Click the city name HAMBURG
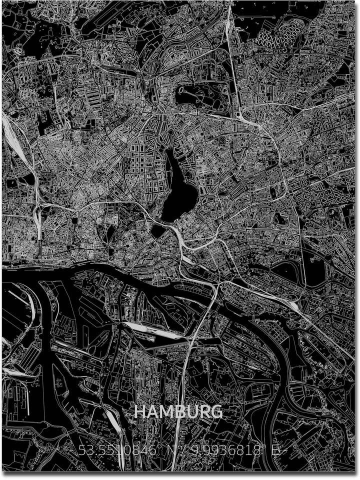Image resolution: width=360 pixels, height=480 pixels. [178, 412]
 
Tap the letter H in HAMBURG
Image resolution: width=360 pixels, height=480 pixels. [140, 412]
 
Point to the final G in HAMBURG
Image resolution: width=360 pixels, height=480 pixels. [216, 412]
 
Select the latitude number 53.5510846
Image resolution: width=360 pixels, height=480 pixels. [118, 451]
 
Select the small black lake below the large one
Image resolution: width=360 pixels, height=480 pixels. [159, 230]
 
